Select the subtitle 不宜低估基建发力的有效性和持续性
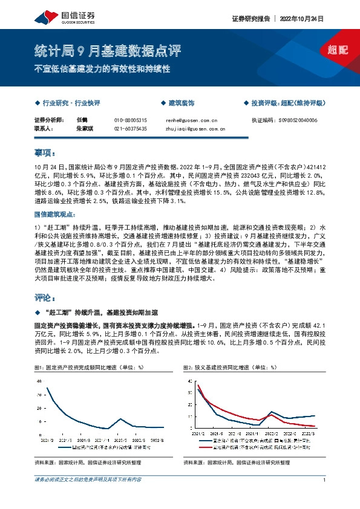coord(102,68)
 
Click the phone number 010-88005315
coord(130,120)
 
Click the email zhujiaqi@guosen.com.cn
coord(195,129)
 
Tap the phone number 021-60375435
coord(130,129)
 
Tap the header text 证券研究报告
coord(250,19)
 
